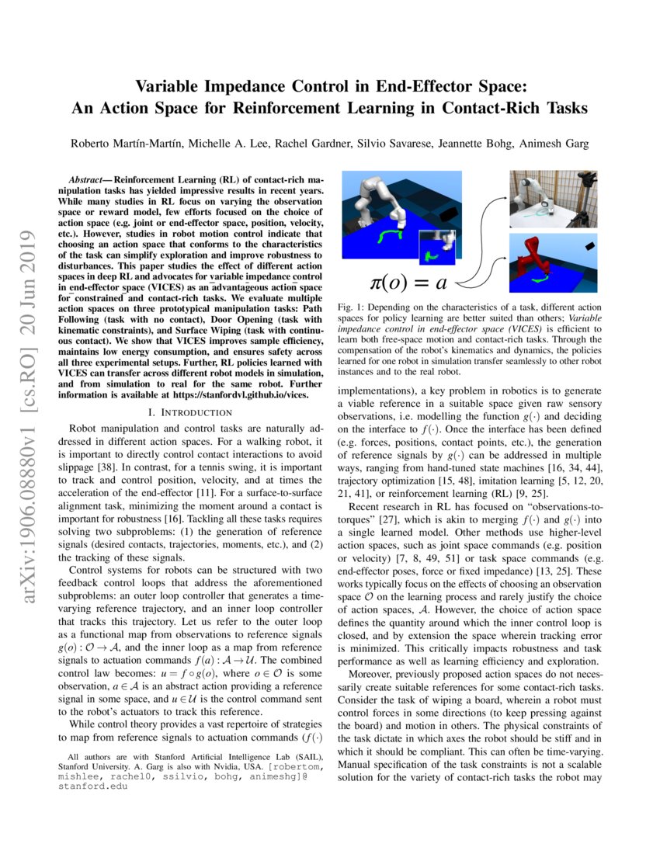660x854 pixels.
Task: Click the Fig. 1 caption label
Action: (x=352, y=308)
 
